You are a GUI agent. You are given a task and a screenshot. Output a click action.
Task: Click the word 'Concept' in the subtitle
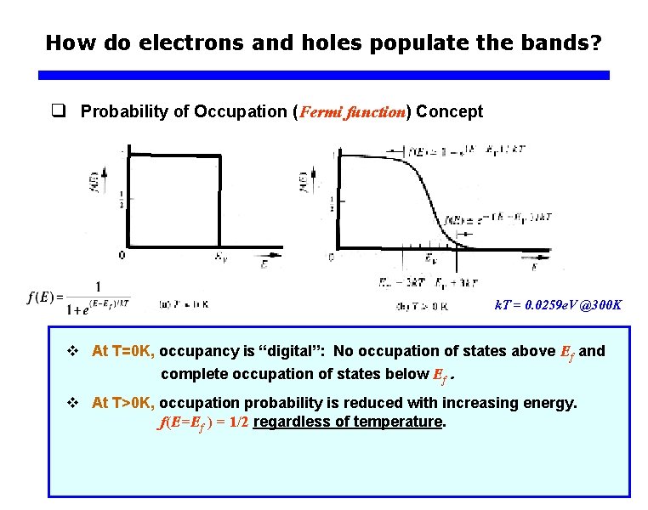(450, 111)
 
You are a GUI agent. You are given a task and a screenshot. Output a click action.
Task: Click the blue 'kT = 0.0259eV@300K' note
(558, 303)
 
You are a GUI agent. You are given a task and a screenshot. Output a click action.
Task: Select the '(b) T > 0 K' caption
(422, 305)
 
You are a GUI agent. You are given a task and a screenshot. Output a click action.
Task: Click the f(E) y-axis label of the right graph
(303, 181)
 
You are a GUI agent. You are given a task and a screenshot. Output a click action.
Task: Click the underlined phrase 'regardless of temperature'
(349, 422)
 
